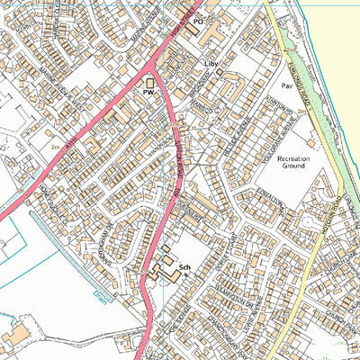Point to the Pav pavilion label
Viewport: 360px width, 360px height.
coord(287,87)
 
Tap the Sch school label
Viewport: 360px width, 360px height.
coord(185,268)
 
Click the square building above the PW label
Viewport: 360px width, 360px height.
coord(149,82)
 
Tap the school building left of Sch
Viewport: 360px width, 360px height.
coord(164,267)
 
